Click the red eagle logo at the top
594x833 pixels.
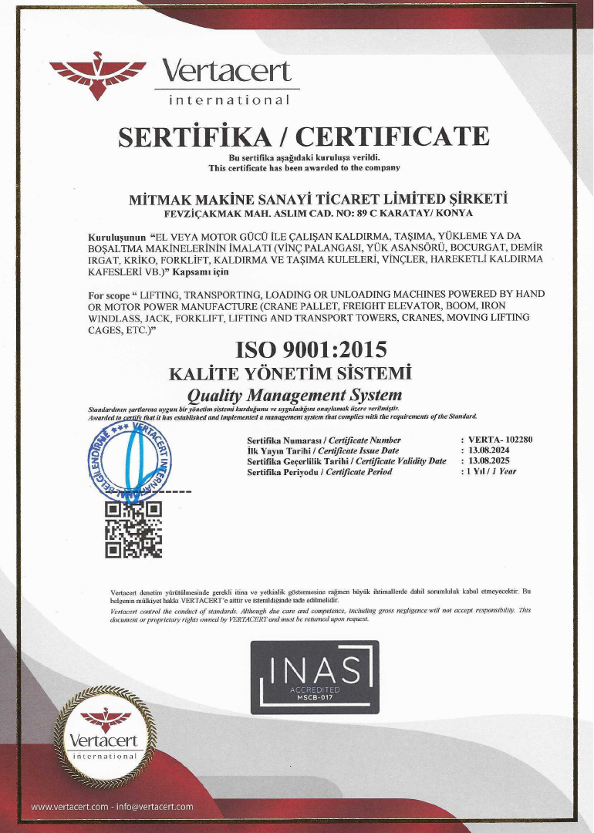point(96,76)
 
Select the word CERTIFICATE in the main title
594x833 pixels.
point(393,137)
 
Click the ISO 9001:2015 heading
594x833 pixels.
point(312,350)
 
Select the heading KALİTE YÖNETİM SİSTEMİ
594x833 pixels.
point(290,374)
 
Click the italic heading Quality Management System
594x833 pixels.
point(295,396)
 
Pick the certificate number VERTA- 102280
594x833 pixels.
point(500,440)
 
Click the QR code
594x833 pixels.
point(133,528)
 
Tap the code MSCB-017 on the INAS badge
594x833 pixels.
point(315,696)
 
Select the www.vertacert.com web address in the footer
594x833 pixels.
point(69,807)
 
